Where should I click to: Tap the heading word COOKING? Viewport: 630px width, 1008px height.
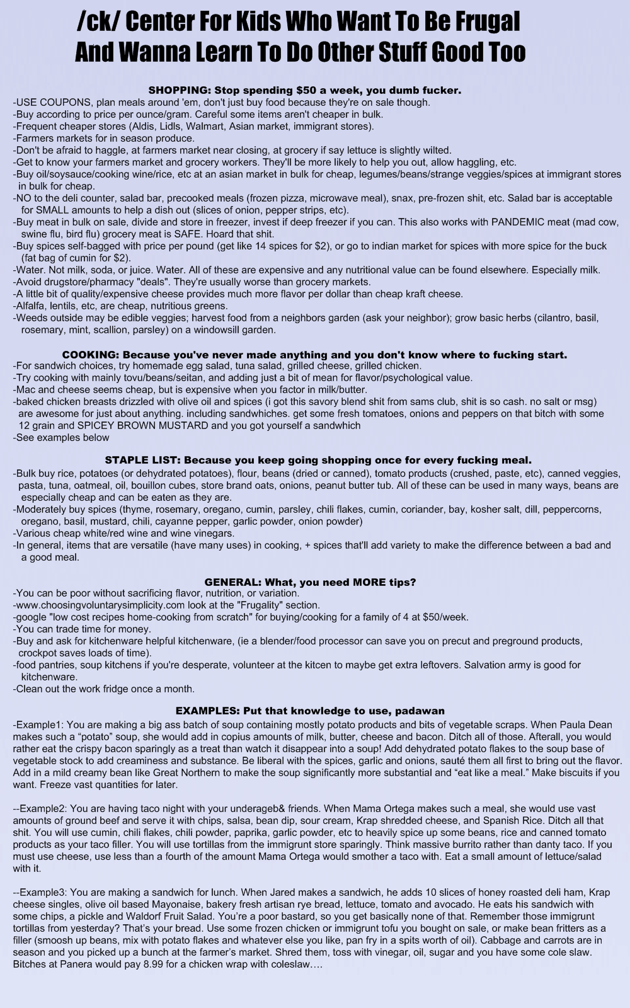coord(88,355)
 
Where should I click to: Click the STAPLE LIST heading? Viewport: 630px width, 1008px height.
coord(142,460)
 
